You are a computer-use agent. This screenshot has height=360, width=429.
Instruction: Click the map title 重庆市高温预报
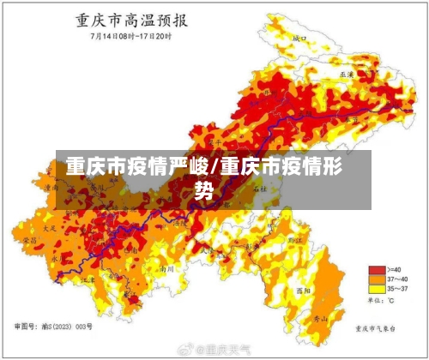130,21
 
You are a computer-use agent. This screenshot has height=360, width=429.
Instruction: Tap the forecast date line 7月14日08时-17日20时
130,37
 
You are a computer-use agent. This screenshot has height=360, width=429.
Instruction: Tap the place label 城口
299,39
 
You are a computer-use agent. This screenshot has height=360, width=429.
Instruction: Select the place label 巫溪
347,75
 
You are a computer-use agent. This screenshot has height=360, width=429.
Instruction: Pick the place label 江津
88,279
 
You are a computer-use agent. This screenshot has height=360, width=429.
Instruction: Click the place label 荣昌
30,243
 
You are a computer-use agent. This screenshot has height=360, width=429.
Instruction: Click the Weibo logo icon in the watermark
184,351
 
